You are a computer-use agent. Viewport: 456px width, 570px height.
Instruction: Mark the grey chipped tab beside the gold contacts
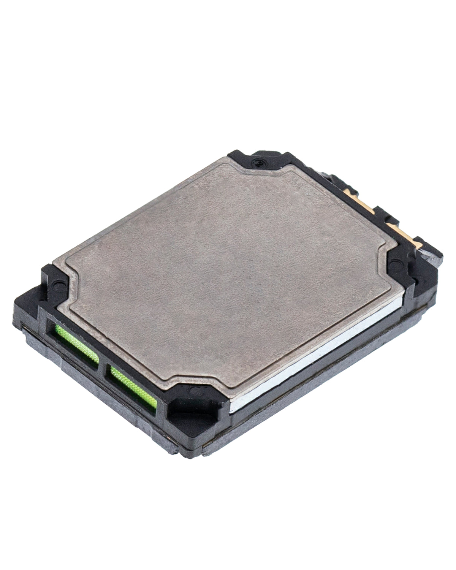tap(433, 258)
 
